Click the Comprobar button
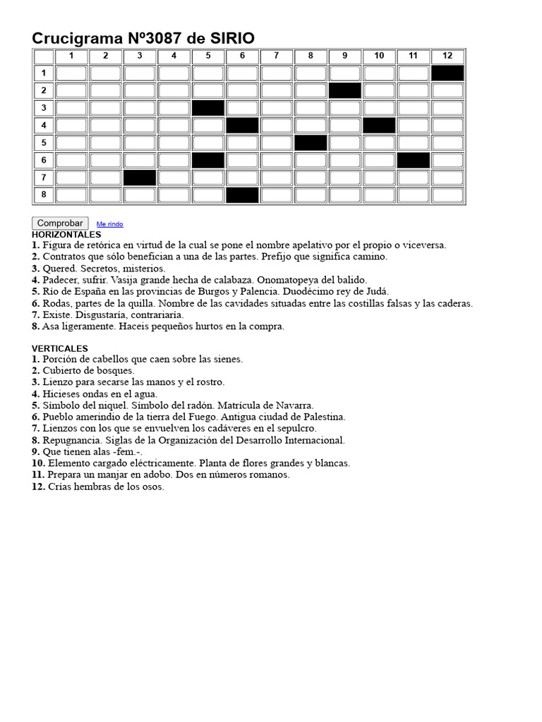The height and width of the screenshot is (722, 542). click(60, 223)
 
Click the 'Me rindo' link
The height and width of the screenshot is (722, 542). click(109, 224)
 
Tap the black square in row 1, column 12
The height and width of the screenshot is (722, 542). click(447, 73)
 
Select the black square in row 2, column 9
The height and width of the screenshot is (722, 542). click(345, 90)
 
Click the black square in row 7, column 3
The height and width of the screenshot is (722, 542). click(140, 177)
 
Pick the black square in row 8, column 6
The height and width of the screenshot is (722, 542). click(242, 195)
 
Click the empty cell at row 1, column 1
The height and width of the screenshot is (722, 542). click(71, 73)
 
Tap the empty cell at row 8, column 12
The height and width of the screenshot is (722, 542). click(447, 195)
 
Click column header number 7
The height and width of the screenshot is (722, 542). click(277, 56)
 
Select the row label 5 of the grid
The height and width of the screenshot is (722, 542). click(44, 142)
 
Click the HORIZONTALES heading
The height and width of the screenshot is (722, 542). click(66, 234)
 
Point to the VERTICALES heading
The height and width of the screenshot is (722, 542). click(60, 348)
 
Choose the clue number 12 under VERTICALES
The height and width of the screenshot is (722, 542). click(39, 487)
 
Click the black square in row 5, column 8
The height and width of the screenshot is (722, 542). click(311, 142)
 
